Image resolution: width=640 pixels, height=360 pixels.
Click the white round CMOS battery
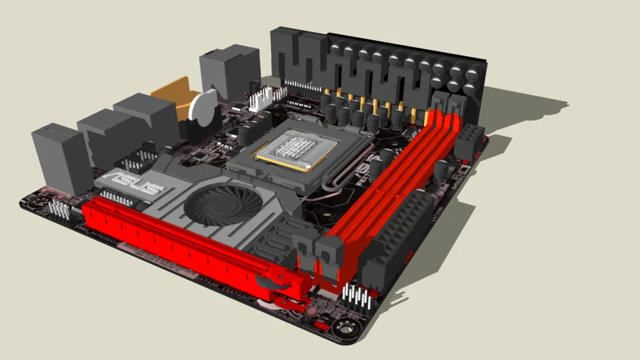(204, 109)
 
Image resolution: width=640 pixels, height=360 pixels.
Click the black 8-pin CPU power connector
(468, 141)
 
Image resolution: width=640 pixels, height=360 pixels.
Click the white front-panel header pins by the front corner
(359, 298)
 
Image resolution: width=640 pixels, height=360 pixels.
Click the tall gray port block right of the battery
(229, 70)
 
